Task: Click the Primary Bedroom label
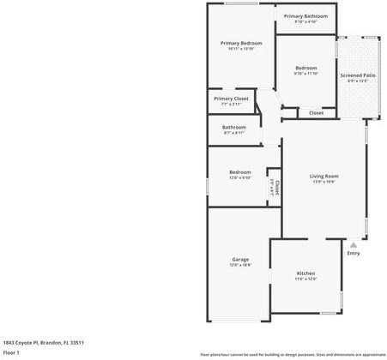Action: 241,43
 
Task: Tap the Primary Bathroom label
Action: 305,15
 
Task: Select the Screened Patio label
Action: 357,75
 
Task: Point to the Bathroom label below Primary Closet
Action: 234,127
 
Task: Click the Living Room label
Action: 324,176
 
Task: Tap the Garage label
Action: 240,259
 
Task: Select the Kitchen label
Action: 306,273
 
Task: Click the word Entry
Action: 354,253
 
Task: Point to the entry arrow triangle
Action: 353,244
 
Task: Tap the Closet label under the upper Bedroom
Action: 316,112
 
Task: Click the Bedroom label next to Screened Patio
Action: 306,68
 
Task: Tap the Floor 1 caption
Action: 11,351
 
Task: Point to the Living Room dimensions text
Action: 324,182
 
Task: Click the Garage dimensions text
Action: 240,265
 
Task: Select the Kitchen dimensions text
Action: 306,279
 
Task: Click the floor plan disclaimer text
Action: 293,354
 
